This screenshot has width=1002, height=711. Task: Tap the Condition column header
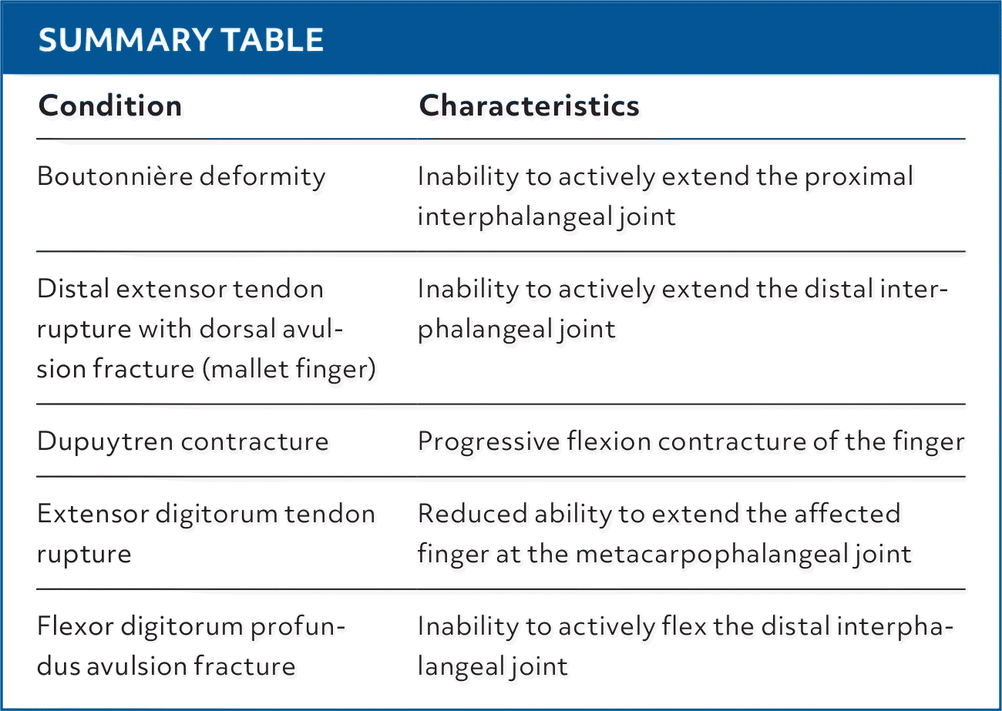click(x=110, y=106)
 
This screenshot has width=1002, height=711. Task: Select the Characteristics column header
click(x=529, y=106)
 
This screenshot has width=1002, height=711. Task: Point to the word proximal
click(x=859, y=176)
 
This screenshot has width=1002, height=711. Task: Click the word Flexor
click(x=72, y=625)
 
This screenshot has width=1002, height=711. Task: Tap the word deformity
click(x=262, y=176)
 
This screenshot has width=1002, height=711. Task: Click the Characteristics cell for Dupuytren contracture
click(x=691, y=441)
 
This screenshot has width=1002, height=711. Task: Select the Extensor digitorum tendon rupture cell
click(x=206, y=533)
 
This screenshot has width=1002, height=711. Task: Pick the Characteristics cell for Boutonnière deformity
click(x=664, y=196)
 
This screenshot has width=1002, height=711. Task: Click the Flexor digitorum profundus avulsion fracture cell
click(x=192, y=646)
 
